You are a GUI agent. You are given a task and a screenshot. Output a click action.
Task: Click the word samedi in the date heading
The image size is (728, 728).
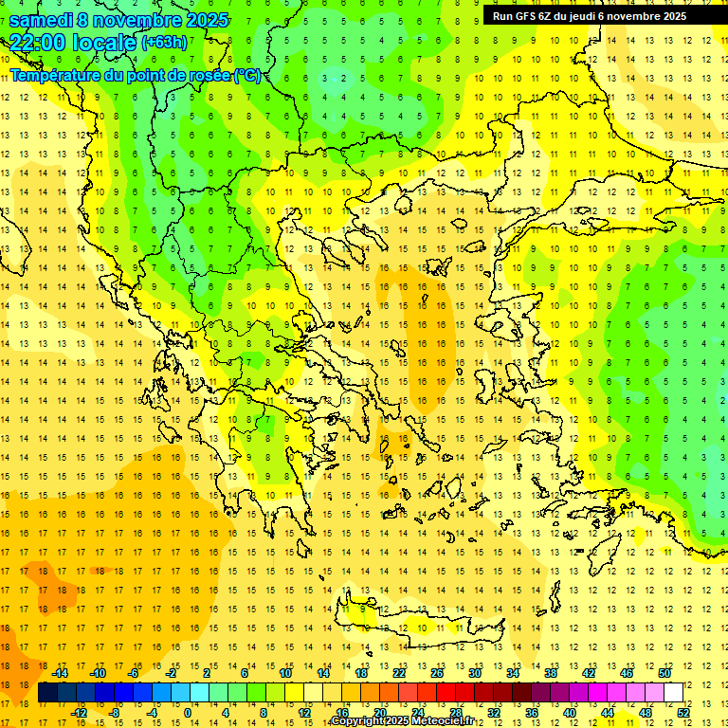[x=39, y=20]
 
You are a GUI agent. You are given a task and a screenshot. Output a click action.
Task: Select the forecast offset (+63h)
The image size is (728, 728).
[x=164, y=43]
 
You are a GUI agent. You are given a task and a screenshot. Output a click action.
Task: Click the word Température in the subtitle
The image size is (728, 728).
[x=53, y=75]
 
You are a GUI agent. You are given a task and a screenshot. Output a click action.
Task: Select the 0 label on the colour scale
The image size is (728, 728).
[x=188, y=713]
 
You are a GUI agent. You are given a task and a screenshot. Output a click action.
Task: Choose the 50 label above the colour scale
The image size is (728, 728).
[x=664, y=673]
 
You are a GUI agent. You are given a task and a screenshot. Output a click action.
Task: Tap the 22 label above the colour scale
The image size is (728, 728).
[x=399, y=673]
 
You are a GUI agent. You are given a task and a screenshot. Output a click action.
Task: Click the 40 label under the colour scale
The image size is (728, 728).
[x=570, y=713]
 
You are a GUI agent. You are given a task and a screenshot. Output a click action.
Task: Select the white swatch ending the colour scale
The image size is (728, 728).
[x=674, y=693]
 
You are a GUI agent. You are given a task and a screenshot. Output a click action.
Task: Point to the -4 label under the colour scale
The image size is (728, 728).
[x=152, y=713]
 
